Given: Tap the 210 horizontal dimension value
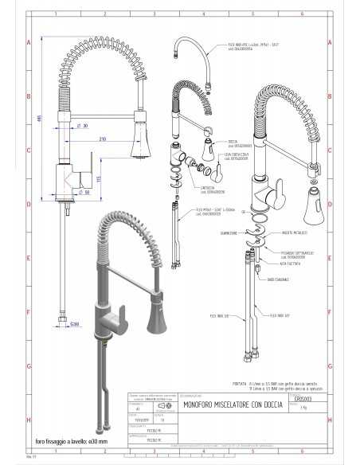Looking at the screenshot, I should pos(104,139).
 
